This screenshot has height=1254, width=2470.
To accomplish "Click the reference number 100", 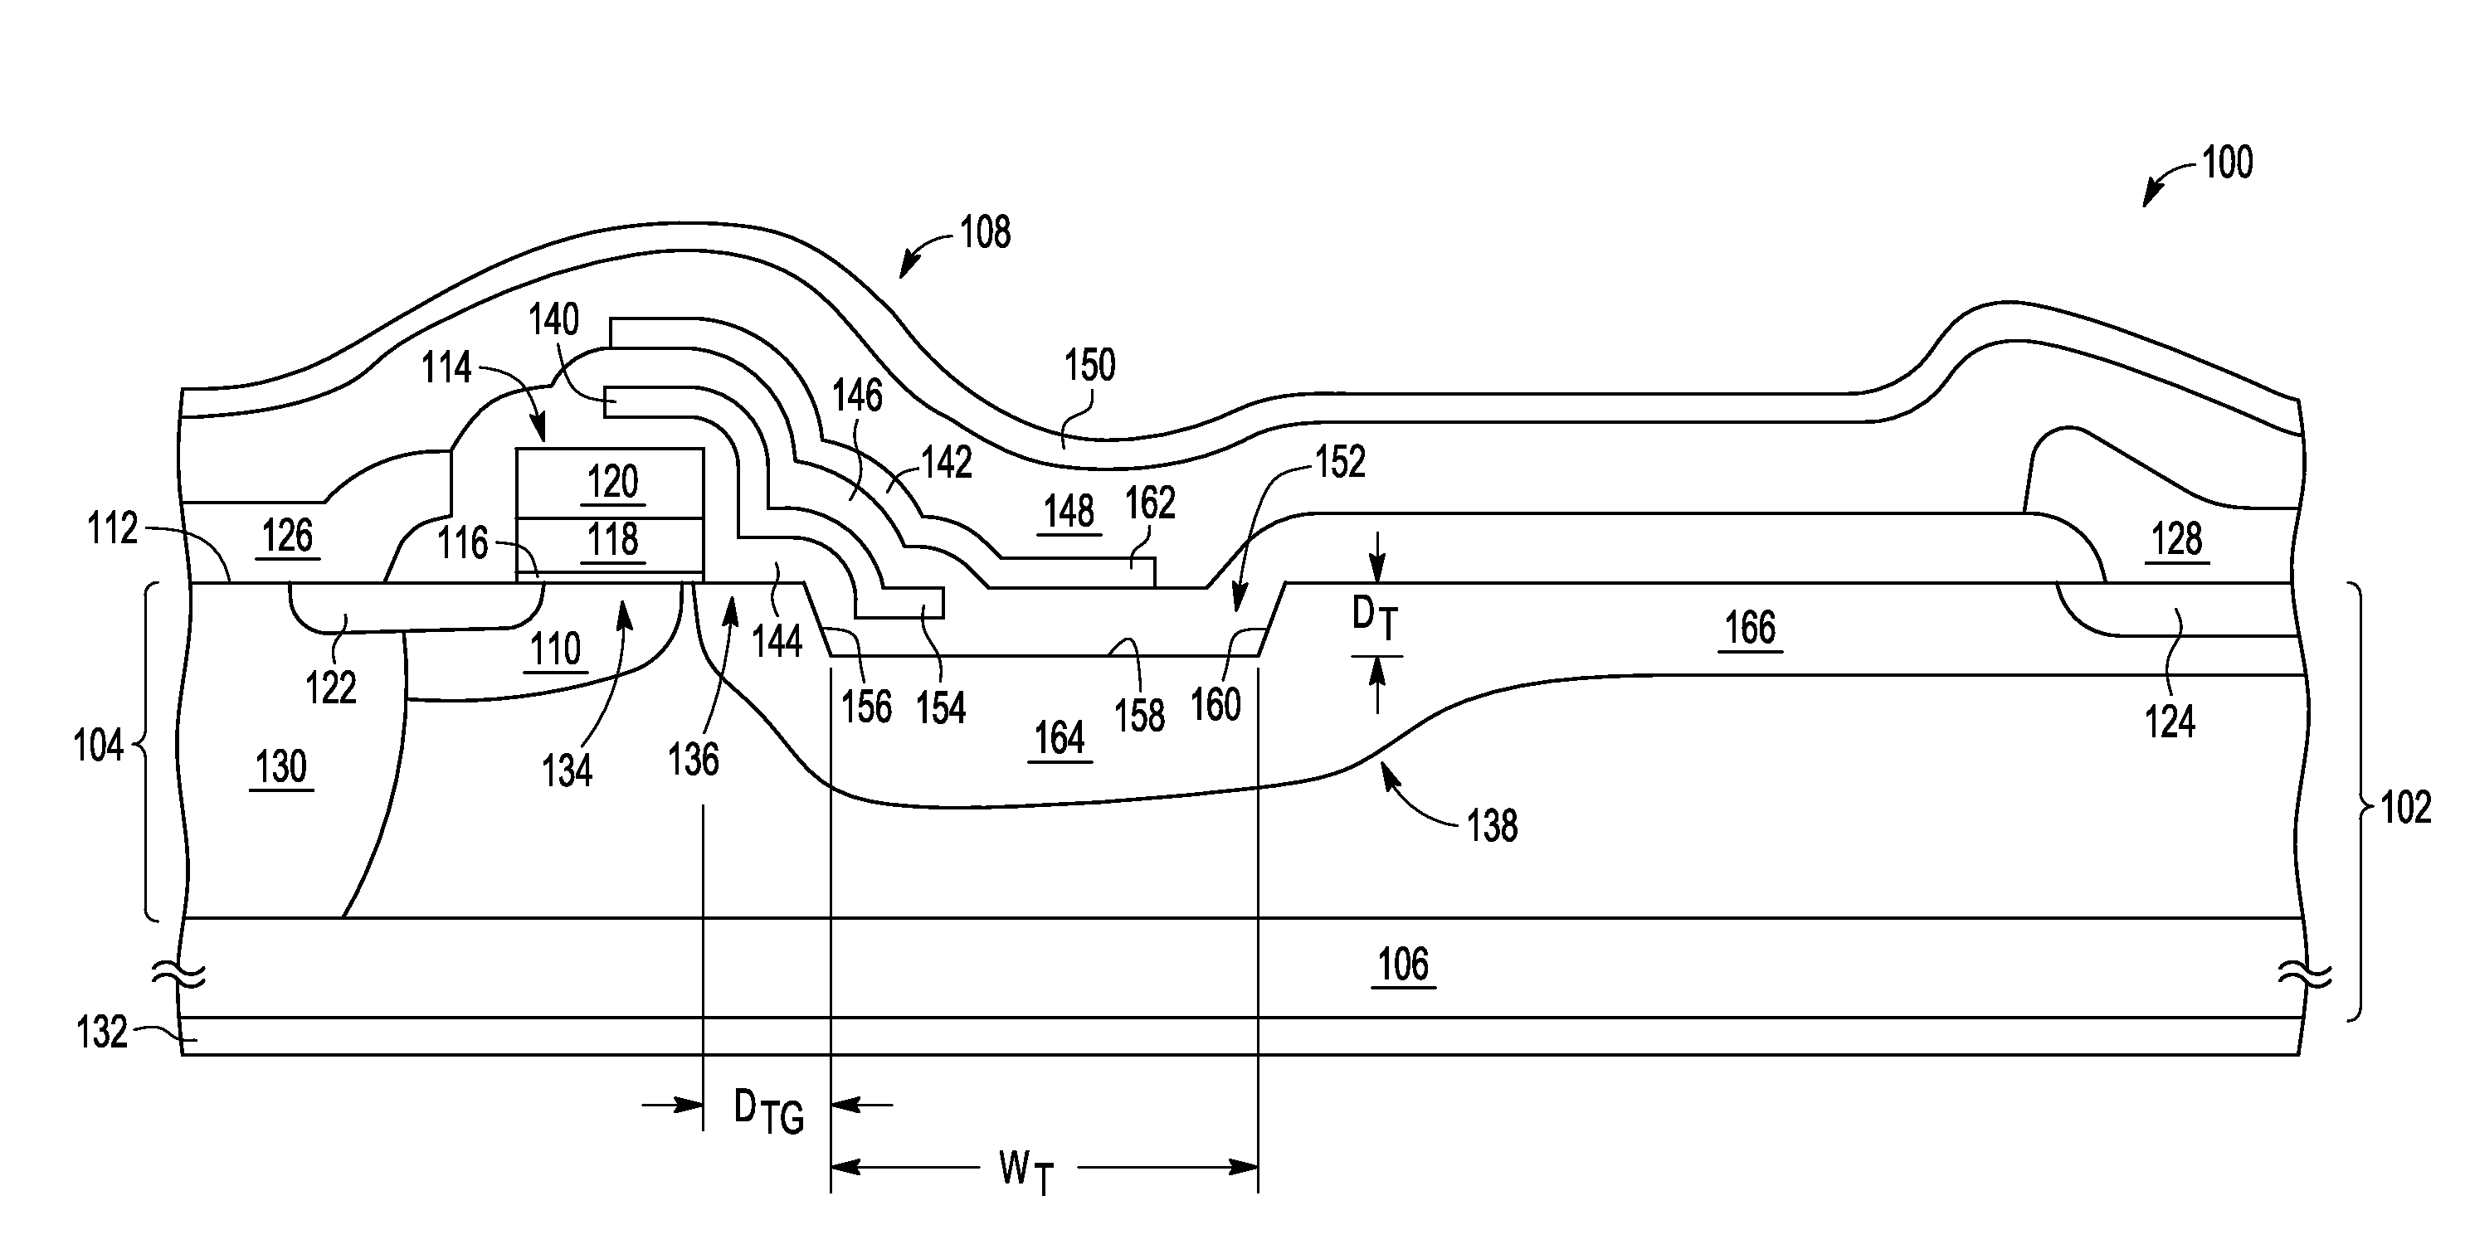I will click(x=2226, y=163).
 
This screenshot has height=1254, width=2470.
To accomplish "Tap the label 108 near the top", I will click(x=985, y=233).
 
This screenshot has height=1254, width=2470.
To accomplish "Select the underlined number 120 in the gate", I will click(x=612, y=481).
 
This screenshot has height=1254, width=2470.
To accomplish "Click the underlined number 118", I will click(x=612, y=540).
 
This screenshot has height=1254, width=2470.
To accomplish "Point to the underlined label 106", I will click(x=1403, y=965).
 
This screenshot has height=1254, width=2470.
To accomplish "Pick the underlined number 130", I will click(x=281, y=767).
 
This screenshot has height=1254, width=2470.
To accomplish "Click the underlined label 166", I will click(x=1750, y=629).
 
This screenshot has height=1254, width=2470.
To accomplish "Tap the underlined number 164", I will click(x=1060, y=739).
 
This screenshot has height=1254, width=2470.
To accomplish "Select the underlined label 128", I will click(x=2176, y=540).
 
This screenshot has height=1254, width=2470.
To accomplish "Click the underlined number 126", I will click(x=288, y=536).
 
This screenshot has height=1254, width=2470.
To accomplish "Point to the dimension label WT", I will click(x=1026, y=1170).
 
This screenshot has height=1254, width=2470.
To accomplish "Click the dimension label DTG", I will click(x=767, y=1111).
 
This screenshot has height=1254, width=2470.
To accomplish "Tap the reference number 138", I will click(x=1492, y=826).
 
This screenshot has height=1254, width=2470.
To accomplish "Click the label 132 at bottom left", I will click(x=102, y=1033).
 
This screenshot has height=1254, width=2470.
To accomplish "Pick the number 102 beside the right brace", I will click(x=2406, y=808).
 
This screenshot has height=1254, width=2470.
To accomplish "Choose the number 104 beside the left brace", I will click(x=99, y=746).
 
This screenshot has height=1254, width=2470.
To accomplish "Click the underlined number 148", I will click(x=1069, y=512).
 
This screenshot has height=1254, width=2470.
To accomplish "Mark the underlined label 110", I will click(x=556, y=650).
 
